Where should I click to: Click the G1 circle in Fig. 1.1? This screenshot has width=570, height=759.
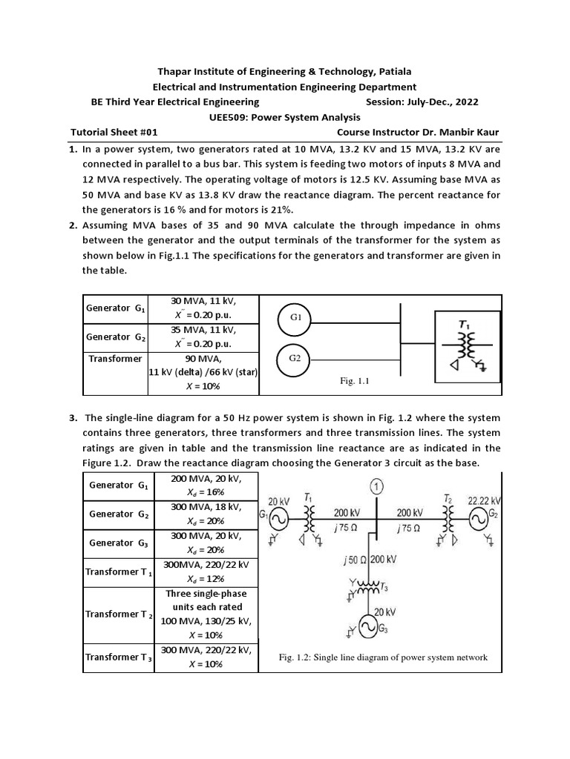pyautogui.click(x=295, y=318)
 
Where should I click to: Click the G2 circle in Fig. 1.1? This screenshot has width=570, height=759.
pyautogui.click(x=295, y=358)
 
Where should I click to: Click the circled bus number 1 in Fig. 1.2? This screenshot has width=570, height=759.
pyautogui.click(x=378, y=488)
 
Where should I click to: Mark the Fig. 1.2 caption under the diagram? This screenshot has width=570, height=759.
pyautogui.click(x=382, y=657)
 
